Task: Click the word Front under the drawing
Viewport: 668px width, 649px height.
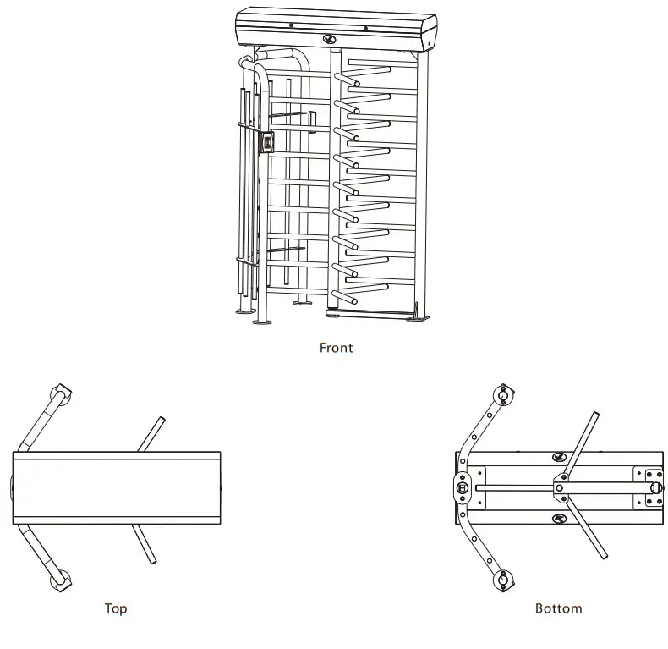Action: [336, 347]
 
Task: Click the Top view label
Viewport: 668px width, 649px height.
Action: [116, 608]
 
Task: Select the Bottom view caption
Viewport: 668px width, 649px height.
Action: [558, 608]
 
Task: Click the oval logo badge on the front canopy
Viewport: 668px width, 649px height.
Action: [329, 38]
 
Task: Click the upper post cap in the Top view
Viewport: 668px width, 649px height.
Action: [62, 393]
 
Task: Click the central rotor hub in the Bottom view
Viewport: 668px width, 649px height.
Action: [561, 486]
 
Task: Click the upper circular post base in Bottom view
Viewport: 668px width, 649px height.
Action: [504, 395]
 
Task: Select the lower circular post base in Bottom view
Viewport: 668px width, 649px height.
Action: [504, 579]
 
